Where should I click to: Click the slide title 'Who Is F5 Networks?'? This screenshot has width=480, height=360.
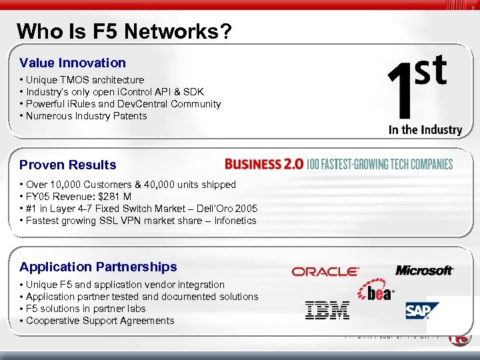click(125, 31)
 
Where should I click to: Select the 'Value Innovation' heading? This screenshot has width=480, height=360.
click(73, 63)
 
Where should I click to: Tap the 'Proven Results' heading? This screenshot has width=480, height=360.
click(68, 165)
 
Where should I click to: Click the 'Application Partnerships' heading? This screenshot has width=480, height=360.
click(98, 267)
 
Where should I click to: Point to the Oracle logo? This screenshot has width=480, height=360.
click(325, 271)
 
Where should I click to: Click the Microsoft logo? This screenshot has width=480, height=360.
click(425, 270)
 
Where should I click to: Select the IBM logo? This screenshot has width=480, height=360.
click(327, 309)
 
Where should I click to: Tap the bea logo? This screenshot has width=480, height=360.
click(377, 291)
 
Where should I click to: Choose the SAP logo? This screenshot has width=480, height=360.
click(422, 310)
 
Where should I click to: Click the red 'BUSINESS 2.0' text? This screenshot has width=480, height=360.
click(264, 164)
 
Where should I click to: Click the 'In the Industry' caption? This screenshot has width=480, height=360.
click(425, 130)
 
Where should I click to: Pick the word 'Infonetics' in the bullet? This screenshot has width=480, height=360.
click(235, 221)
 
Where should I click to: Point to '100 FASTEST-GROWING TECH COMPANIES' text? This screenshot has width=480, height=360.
click(379, 164)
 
